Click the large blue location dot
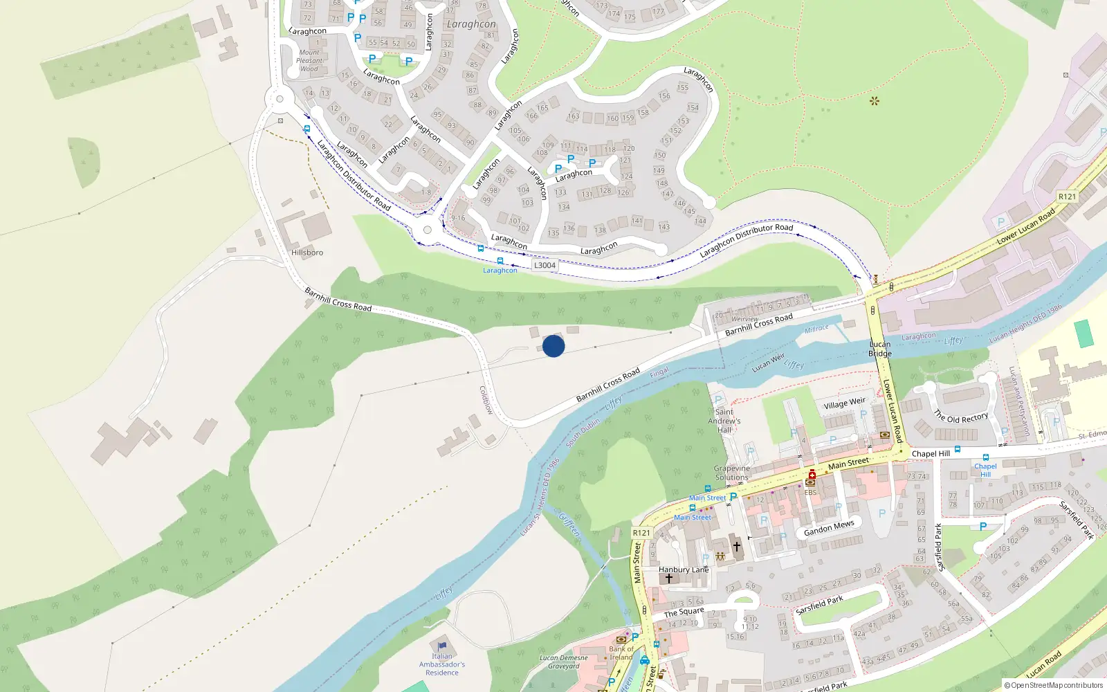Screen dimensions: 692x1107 [553, 346]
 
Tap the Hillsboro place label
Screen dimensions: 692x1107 [307, 253]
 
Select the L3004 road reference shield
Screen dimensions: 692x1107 [545, 265]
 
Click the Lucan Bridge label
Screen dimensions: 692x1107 [880, 349]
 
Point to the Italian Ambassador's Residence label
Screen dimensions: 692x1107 [442, 664]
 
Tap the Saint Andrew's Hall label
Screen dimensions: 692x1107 [724, 421]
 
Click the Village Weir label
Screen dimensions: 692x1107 [844, 403]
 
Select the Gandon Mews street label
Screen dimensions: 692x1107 [829, 528]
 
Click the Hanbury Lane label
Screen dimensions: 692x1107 [684, 570]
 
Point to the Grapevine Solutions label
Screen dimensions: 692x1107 [732, 473]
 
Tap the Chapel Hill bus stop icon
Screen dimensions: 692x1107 [985, 457]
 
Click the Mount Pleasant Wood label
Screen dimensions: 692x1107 [309, 61]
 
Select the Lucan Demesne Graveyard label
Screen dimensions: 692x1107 [564, 662]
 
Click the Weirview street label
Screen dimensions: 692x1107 [745, 319]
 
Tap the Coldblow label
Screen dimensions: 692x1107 [486, 400]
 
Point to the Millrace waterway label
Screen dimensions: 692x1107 [816, 329]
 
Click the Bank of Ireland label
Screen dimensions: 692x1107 [621, 653]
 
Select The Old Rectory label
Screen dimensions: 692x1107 [961, 417]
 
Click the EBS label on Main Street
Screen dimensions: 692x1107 [810, 493]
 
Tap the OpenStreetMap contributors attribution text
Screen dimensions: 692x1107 [1053, 686]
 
